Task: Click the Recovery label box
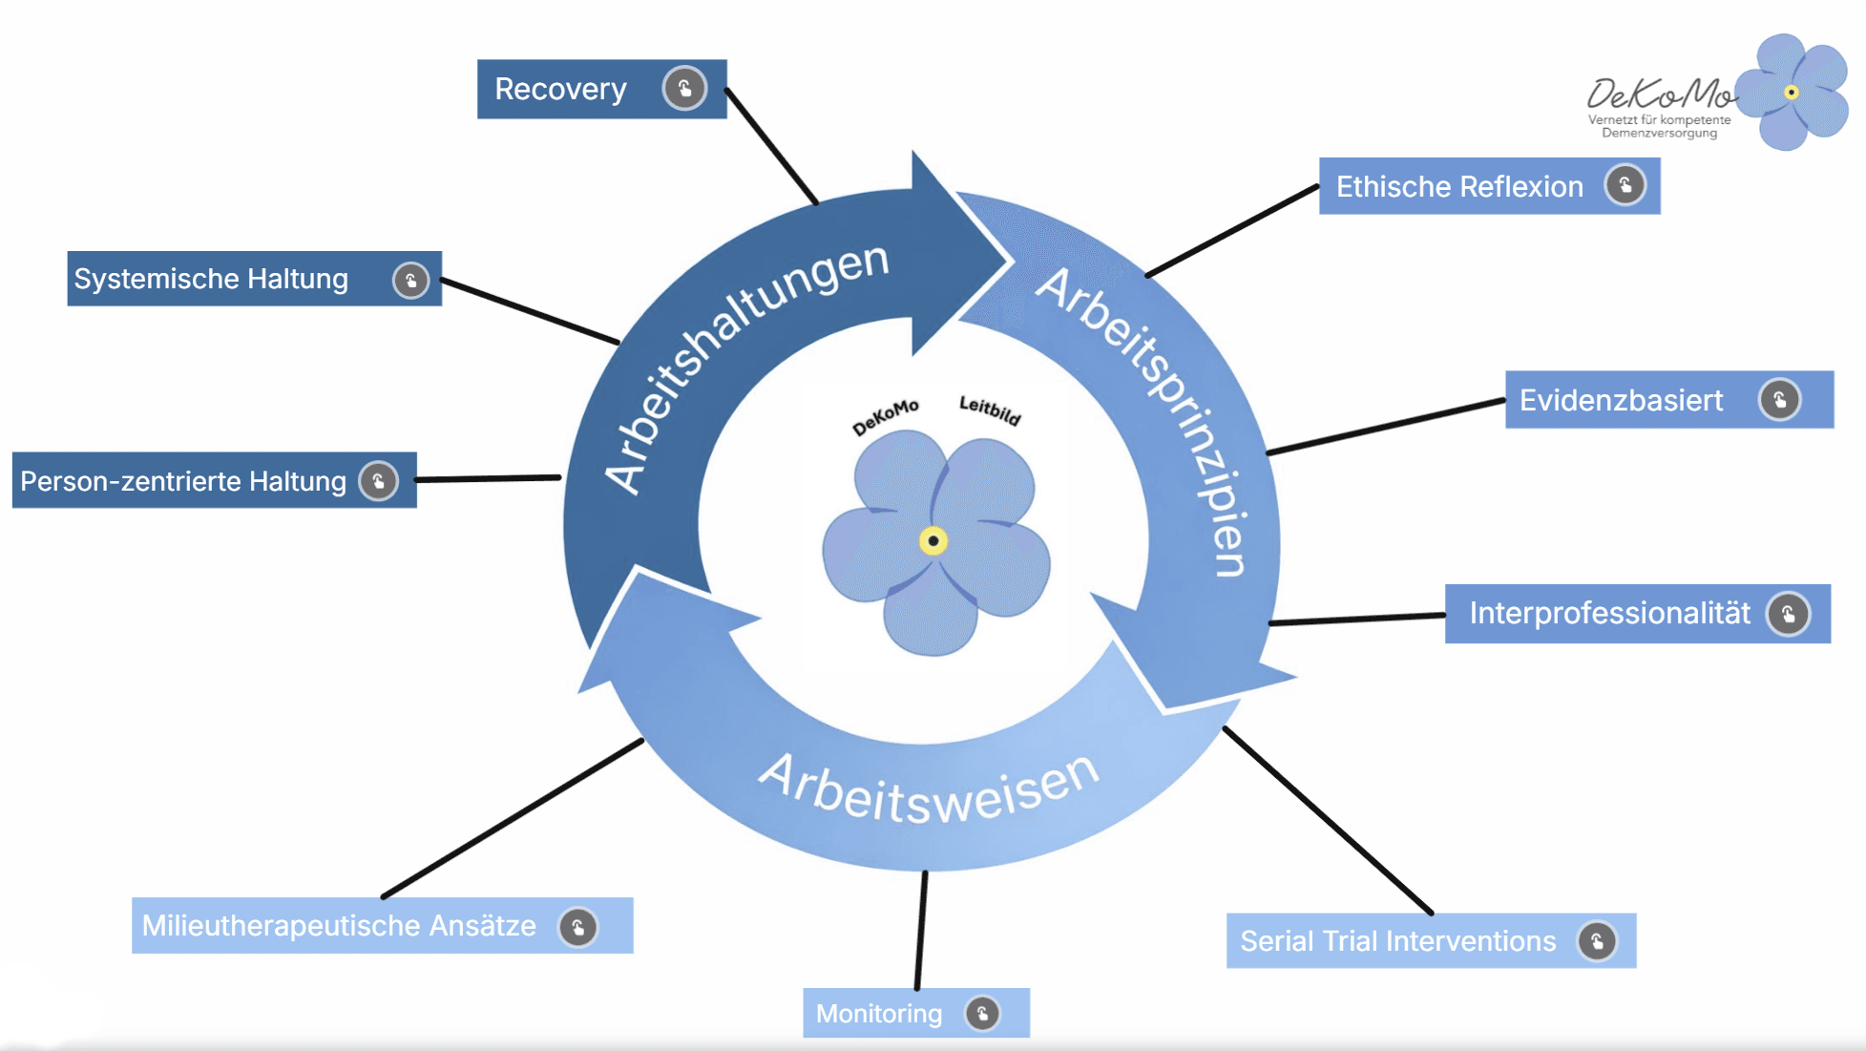point(573,90)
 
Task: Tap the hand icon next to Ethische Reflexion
point(1625,185)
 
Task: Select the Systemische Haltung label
point(212,279)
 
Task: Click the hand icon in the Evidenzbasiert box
point(1779,399)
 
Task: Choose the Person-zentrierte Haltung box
point(183,481)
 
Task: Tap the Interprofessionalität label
point(1609,613)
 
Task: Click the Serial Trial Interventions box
point(1398,941)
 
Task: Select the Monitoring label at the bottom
point(879,1014)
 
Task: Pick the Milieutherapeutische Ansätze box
point(339,926)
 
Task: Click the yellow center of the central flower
point(933,541)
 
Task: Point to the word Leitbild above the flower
point(990,410)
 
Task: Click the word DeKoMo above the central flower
point(885,417)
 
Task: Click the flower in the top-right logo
point(1792,93)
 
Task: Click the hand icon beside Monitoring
point(982,1013)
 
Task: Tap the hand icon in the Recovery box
point(684,89)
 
